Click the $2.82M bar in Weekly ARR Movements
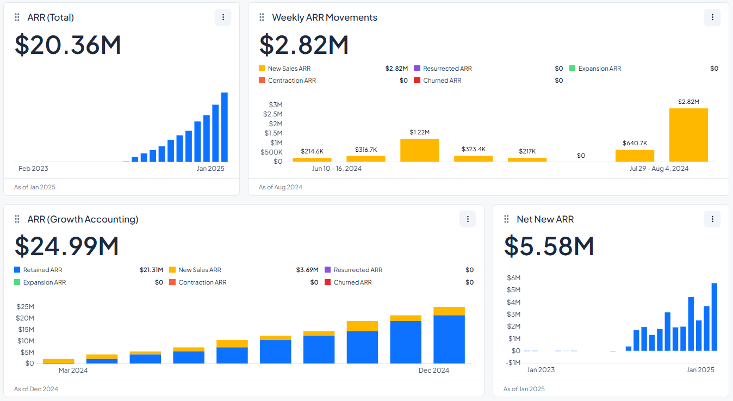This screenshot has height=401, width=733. click(688, 135)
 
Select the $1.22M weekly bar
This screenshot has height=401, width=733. click(419, 150)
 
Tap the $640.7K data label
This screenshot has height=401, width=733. click(635, 143)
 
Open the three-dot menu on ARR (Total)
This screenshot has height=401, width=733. click(223, 17)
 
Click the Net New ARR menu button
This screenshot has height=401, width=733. click(712, 219)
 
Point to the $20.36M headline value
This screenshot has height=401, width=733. click(68, 45)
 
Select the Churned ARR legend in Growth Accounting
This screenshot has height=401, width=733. click(352, 282)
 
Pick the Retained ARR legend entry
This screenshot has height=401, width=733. click(42, 270)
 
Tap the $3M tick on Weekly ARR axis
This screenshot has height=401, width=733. click(276, 104)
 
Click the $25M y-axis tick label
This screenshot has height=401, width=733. click(25, 307)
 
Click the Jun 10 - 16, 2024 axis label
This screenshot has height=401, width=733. click(337, 169)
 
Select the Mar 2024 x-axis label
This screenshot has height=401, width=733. click(73, 371)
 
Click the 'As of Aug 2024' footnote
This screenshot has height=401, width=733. click(280, 187)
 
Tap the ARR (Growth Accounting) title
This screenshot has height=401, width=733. click(83, 219)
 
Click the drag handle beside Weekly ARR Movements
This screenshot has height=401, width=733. click(262, 17)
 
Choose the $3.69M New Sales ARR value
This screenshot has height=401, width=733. click(307, 270)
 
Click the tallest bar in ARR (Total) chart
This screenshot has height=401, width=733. click(224, 127)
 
